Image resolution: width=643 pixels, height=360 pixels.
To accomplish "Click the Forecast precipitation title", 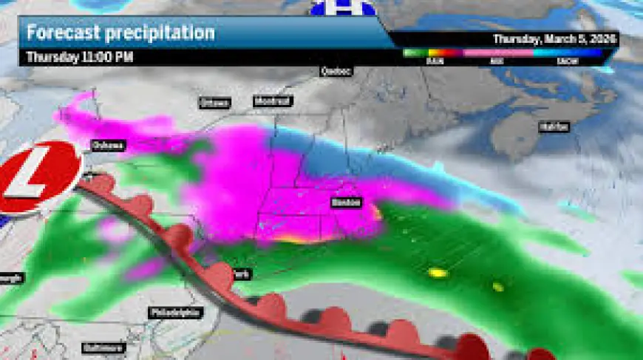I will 120,33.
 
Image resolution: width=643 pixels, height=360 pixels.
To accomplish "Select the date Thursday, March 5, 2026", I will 555,38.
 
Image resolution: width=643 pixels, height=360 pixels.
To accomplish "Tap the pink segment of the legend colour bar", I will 499,53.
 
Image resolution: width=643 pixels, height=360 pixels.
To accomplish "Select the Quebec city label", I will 336,71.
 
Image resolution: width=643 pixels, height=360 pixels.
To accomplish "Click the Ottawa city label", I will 214,103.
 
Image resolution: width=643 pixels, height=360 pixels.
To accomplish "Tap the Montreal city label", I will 273,101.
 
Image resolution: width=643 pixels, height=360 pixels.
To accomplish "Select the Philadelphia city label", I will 175,313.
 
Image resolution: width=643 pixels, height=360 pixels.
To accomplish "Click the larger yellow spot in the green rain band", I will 438,274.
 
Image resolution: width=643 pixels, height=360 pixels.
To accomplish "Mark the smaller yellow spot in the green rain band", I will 498,286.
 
